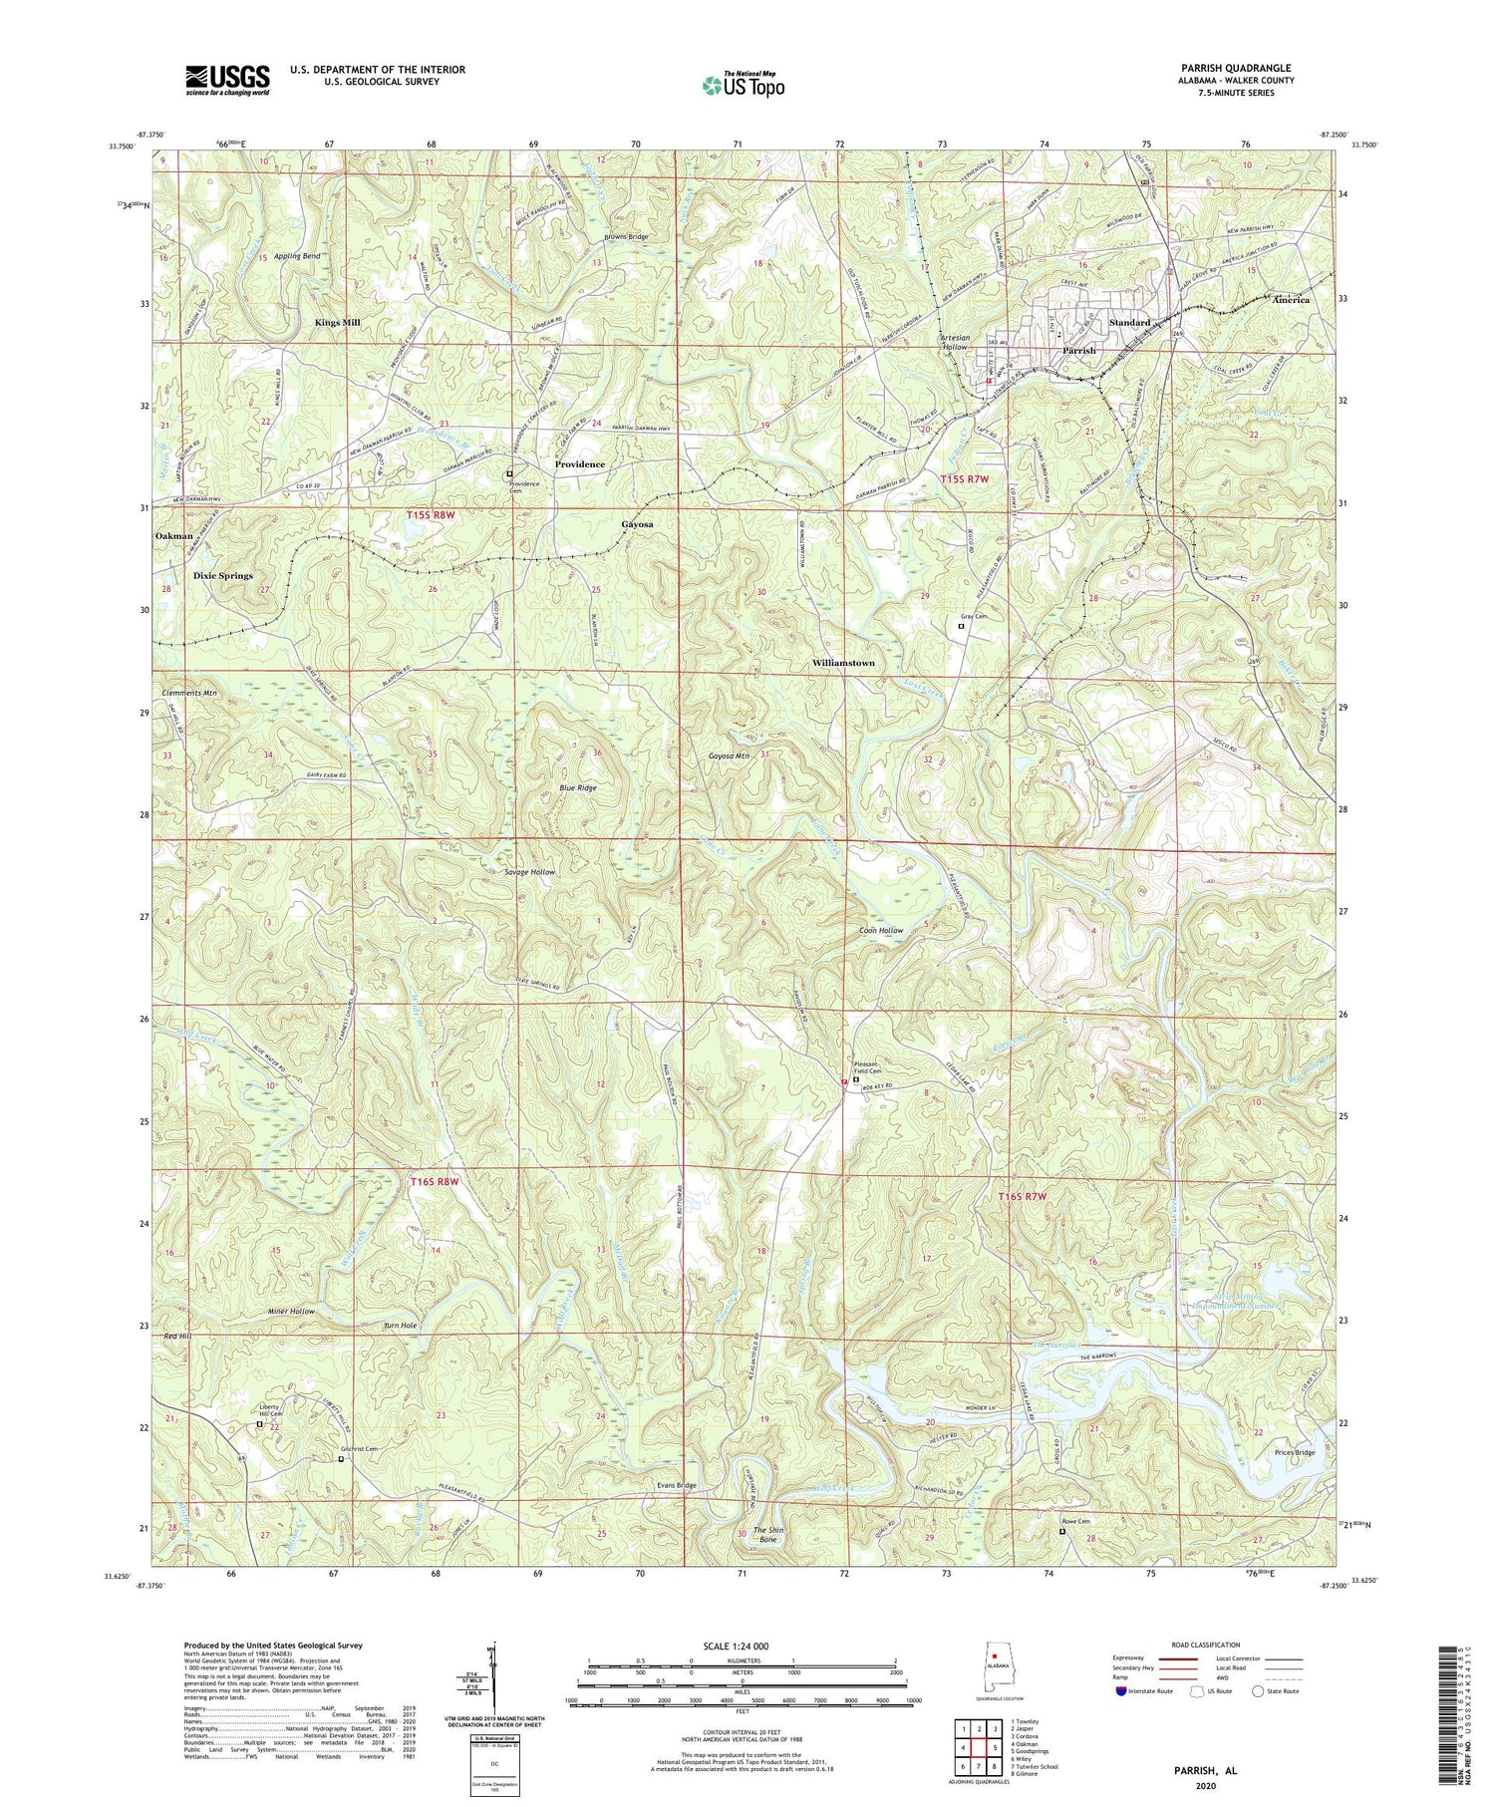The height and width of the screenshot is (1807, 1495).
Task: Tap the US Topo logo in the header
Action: tap(743, 85)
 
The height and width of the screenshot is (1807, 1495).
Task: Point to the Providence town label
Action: tap(580, 464)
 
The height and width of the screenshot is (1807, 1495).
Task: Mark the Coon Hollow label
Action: tap(881, 931)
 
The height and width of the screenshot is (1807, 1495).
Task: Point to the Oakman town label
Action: tap(174, 536)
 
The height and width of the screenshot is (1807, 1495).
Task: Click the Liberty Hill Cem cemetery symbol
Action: tap(261, 1425)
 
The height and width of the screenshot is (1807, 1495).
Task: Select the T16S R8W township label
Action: tap(437, 1182)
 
